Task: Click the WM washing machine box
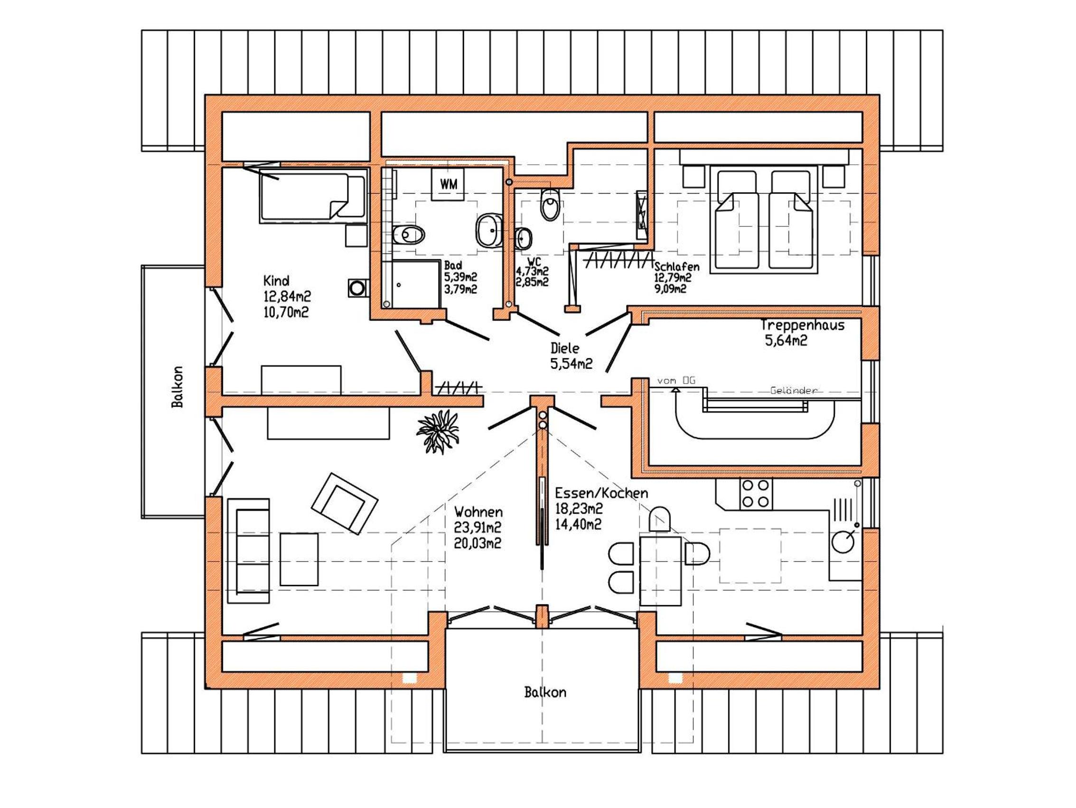(x=448, y=184)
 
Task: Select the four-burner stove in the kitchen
(x=756, y=494)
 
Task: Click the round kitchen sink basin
(x=842, y=541)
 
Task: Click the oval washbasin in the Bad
(x=488, y=230)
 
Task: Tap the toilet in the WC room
(x=550, y=205)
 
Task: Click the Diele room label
(x=565, y=348)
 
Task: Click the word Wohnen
(x=478, y=512)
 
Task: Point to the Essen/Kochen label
(x=602, y=493)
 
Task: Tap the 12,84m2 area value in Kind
(x=287, y=296)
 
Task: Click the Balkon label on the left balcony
(x=178, y=387)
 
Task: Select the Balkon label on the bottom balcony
(x=545, y=692)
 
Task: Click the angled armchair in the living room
(x=345, y=504)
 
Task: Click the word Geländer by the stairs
(x=794, y=390)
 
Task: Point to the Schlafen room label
(x=677, y=267)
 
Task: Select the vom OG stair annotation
(x=676, y=381)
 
